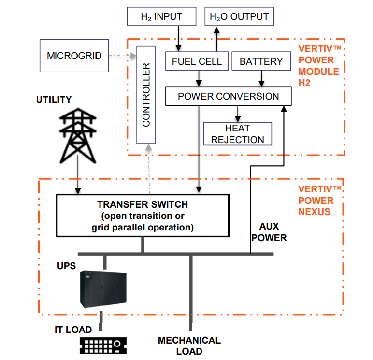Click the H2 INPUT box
[161, 17]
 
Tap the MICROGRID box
[74, 56]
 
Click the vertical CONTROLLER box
[146, 95]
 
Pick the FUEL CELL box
[197, 61]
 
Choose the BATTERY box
[261, 61]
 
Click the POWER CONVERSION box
[228, 96]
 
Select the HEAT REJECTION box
[237, 134]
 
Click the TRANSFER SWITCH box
[143, 216]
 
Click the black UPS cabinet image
[102, 289]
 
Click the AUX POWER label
[269, 232]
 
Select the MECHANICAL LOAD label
[189, 346]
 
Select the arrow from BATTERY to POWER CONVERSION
[261, 78]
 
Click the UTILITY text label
[54, 100]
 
